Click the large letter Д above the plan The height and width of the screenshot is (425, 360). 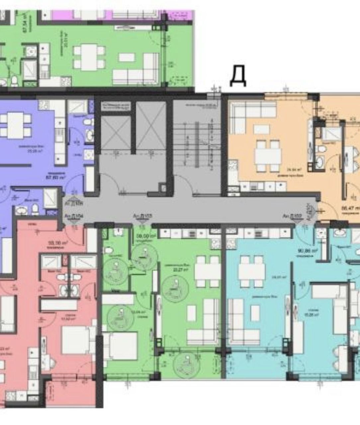coord(238,76)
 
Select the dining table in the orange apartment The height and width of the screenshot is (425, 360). coord(268,155)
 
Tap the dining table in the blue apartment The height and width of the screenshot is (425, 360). coord(252,271)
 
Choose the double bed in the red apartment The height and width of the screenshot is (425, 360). coord(75,340)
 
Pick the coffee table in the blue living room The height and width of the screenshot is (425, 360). coord(255,313)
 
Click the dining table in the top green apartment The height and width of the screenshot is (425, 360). coord(89,57)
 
